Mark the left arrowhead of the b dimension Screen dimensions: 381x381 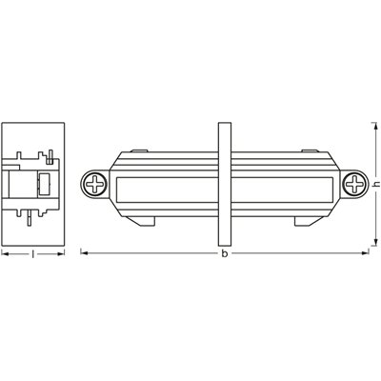(x=83, y=252)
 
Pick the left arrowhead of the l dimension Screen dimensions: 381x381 (x=5, y=252)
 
